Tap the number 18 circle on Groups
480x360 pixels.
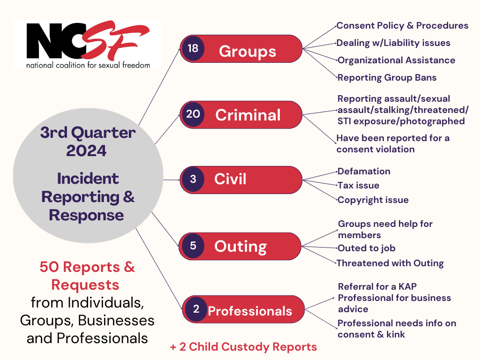pyautogui.click(x=193, y=48)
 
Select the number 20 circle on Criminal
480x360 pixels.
pyautogui.click(x=193, y=114)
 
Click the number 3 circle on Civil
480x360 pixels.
pyautogui.click(x=193, y=179)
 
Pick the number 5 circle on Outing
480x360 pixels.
pyautogui.click(x=193, y=246)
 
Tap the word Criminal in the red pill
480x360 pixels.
pyautogui.click(x=248, y=115)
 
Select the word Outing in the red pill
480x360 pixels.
pyautogui.click(x=240, y=246)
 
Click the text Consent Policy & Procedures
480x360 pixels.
pyautogui.click(x=402, y=25)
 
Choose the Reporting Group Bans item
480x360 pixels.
pyautogui.click(x=387, y=77)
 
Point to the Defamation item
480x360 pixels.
pyautogui.click(x=364, y=171)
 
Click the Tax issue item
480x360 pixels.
pyautogui.click(x=359, y=185)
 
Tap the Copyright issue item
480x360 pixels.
pyautogui.click(x=373, y=200)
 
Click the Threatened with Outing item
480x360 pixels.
pyautogui.click(x=390, y=263)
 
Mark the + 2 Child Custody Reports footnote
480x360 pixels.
pyautogui.click(x=243, y=347)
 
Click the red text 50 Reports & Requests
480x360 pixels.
pyautogui.click(x=87, y=275)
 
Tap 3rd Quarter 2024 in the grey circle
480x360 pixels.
pyautogui.click(x=88, y=142)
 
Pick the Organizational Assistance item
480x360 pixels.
pyautogui.click(x=396, y=60)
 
